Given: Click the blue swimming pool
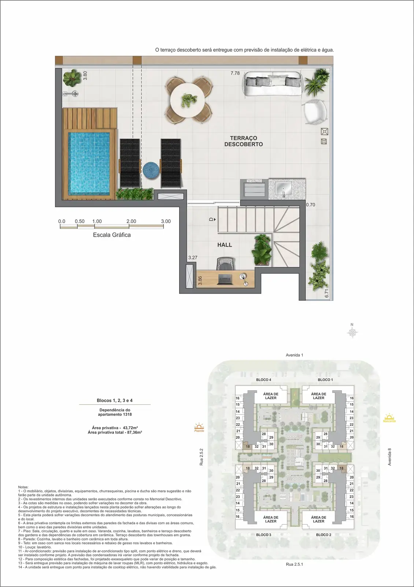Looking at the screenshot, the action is point(89,163).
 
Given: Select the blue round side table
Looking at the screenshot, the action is point(151,170).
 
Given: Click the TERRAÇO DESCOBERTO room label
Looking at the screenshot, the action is point(244,141).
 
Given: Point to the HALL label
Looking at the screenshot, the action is point(225,245).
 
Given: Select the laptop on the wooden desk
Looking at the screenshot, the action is point(225,279).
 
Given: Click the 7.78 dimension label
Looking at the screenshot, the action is point(235,73).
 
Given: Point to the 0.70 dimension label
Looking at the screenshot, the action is point(311,205).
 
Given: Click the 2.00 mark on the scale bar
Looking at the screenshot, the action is point(131,221).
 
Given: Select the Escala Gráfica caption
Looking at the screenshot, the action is point(112,235).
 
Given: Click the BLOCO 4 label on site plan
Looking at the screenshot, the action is point(263,379).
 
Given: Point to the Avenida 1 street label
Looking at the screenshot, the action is point(295,355).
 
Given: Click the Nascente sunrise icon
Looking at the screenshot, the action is point(389,418).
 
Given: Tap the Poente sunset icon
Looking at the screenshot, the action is point(199,427).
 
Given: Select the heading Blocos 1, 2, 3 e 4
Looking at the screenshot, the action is point(115,400).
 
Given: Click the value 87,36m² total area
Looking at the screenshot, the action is point(134,432).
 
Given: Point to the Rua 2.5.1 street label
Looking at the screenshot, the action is point(295,564).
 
